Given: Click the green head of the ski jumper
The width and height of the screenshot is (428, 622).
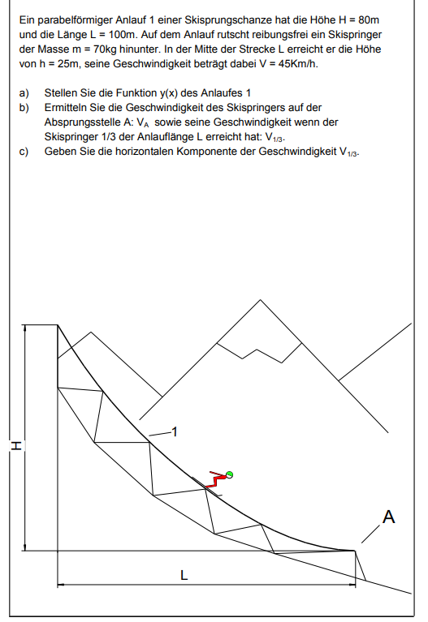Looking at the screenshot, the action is click(230, 474).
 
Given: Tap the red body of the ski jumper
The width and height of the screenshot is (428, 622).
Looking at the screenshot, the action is click(215, 478).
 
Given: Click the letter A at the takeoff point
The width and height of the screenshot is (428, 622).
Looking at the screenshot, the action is click(389, 517).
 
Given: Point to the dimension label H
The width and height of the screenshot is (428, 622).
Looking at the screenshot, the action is click(15, 445).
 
